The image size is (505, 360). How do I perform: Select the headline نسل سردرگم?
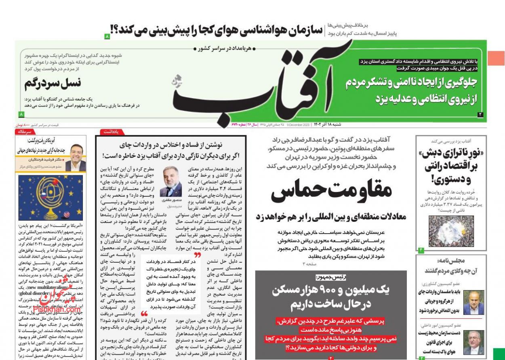[x=53, y=83]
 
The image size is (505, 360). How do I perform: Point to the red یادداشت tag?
[x=112, y=132]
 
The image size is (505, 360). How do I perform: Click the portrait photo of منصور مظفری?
[x=170, y=181]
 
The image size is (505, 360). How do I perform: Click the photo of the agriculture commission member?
[x=473, y=302]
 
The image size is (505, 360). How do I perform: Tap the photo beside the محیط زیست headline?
[x=473, y=342]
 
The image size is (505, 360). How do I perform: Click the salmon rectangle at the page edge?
[x=496, y=58]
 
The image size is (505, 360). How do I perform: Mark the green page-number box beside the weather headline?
[x=107, y=36]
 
